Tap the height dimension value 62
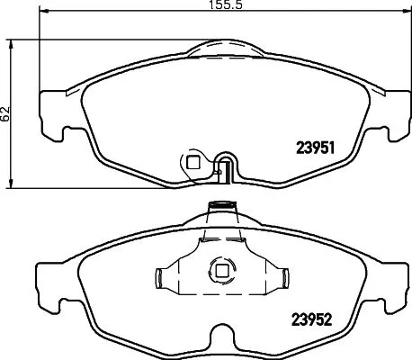(x=6, y=113)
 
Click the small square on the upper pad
(x=192, y=162)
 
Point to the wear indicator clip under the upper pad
(x=225, y=169)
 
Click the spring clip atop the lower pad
(x=219, y=210)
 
